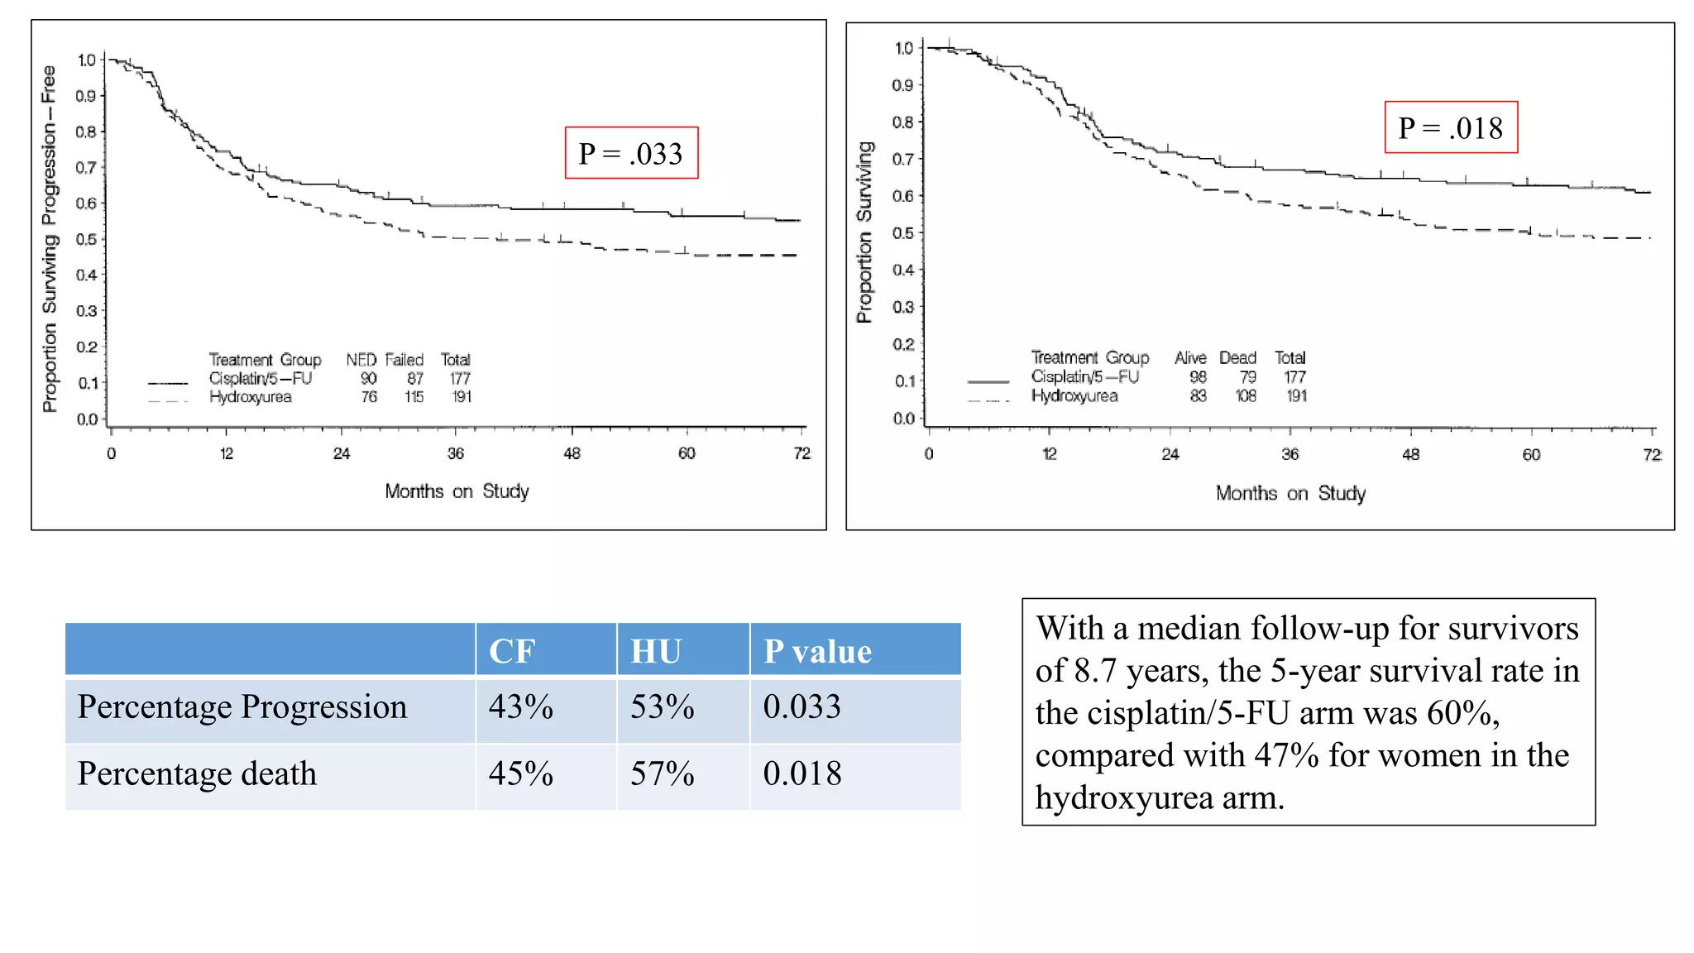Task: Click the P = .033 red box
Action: point(631,153)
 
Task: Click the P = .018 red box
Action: point(1451,127)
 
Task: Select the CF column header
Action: point(512,651)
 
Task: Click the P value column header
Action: point(817,651)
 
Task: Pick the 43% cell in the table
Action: point(520,707)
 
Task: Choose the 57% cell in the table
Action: point(662,774)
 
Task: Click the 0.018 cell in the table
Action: point(802,774)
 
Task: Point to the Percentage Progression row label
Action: point(242,707)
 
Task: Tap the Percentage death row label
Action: point(197,774)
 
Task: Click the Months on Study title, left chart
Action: point(457,491)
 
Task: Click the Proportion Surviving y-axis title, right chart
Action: point(864,232)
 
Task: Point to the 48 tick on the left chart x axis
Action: point(572,453)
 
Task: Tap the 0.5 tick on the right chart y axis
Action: point(902,233)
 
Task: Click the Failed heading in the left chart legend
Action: point(404,360)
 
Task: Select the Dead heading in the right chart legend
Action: point(1237,358)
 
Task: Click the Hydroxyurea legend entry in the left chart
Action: point(250,397)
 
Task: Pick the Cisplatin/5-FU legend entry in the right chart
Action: point(1084,377)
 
